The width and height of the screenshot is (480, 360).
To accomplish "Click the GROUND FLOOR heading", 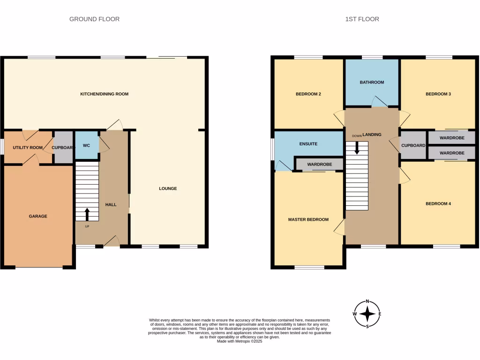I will [x=94, y=19].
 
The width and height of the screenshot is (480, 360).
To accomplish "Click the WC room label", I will [x=86, y=146].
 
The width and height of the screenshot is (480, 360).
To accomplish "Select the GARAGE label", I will [x=38, y=217].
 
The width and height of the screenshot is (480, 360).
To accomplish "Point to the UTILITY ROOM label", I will [x=28, y=148].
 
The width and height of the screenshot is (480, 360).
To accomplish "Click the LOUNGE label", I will [x=168, y=189].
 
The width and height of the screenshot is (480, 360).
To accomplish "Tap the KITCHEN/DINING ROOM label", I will [x=104, y=94].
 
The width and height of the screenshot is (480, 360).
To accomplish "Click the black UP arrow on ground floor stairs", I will [x=87, y=214].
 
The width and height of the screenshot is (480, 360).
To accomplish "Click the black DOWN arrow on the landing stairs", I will [x=357, y=148].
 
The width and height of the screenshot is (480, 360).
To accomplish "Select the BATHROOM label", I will [x=372, y=82].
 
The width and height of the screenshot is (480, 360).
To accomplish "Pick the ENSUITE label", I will [x=308, y=144].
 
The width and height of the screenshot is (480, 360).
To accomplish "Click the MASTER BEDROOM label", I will [x=308, y=219].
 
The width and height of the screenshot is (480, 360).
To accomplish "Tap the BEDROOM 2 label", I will [x=308, y=94].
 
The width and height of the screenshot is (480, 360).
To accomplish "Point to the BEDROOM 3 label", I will [x=438, y=94].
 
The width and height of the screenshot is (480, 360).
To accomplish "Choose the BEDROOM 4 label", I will [x=438, y=204].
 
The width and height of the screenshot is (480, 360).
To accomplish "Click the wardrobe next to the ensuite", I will [x=319, y=165].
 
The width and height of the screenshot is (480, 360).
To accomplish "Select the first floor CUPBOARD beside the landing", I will [x=413, y=145].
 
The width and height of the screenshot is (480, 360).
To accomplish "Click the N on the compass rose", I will [x=367, y=301].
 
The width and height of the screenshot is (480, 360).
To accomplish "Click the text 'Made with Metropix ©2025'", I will [x=240, y=341].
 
